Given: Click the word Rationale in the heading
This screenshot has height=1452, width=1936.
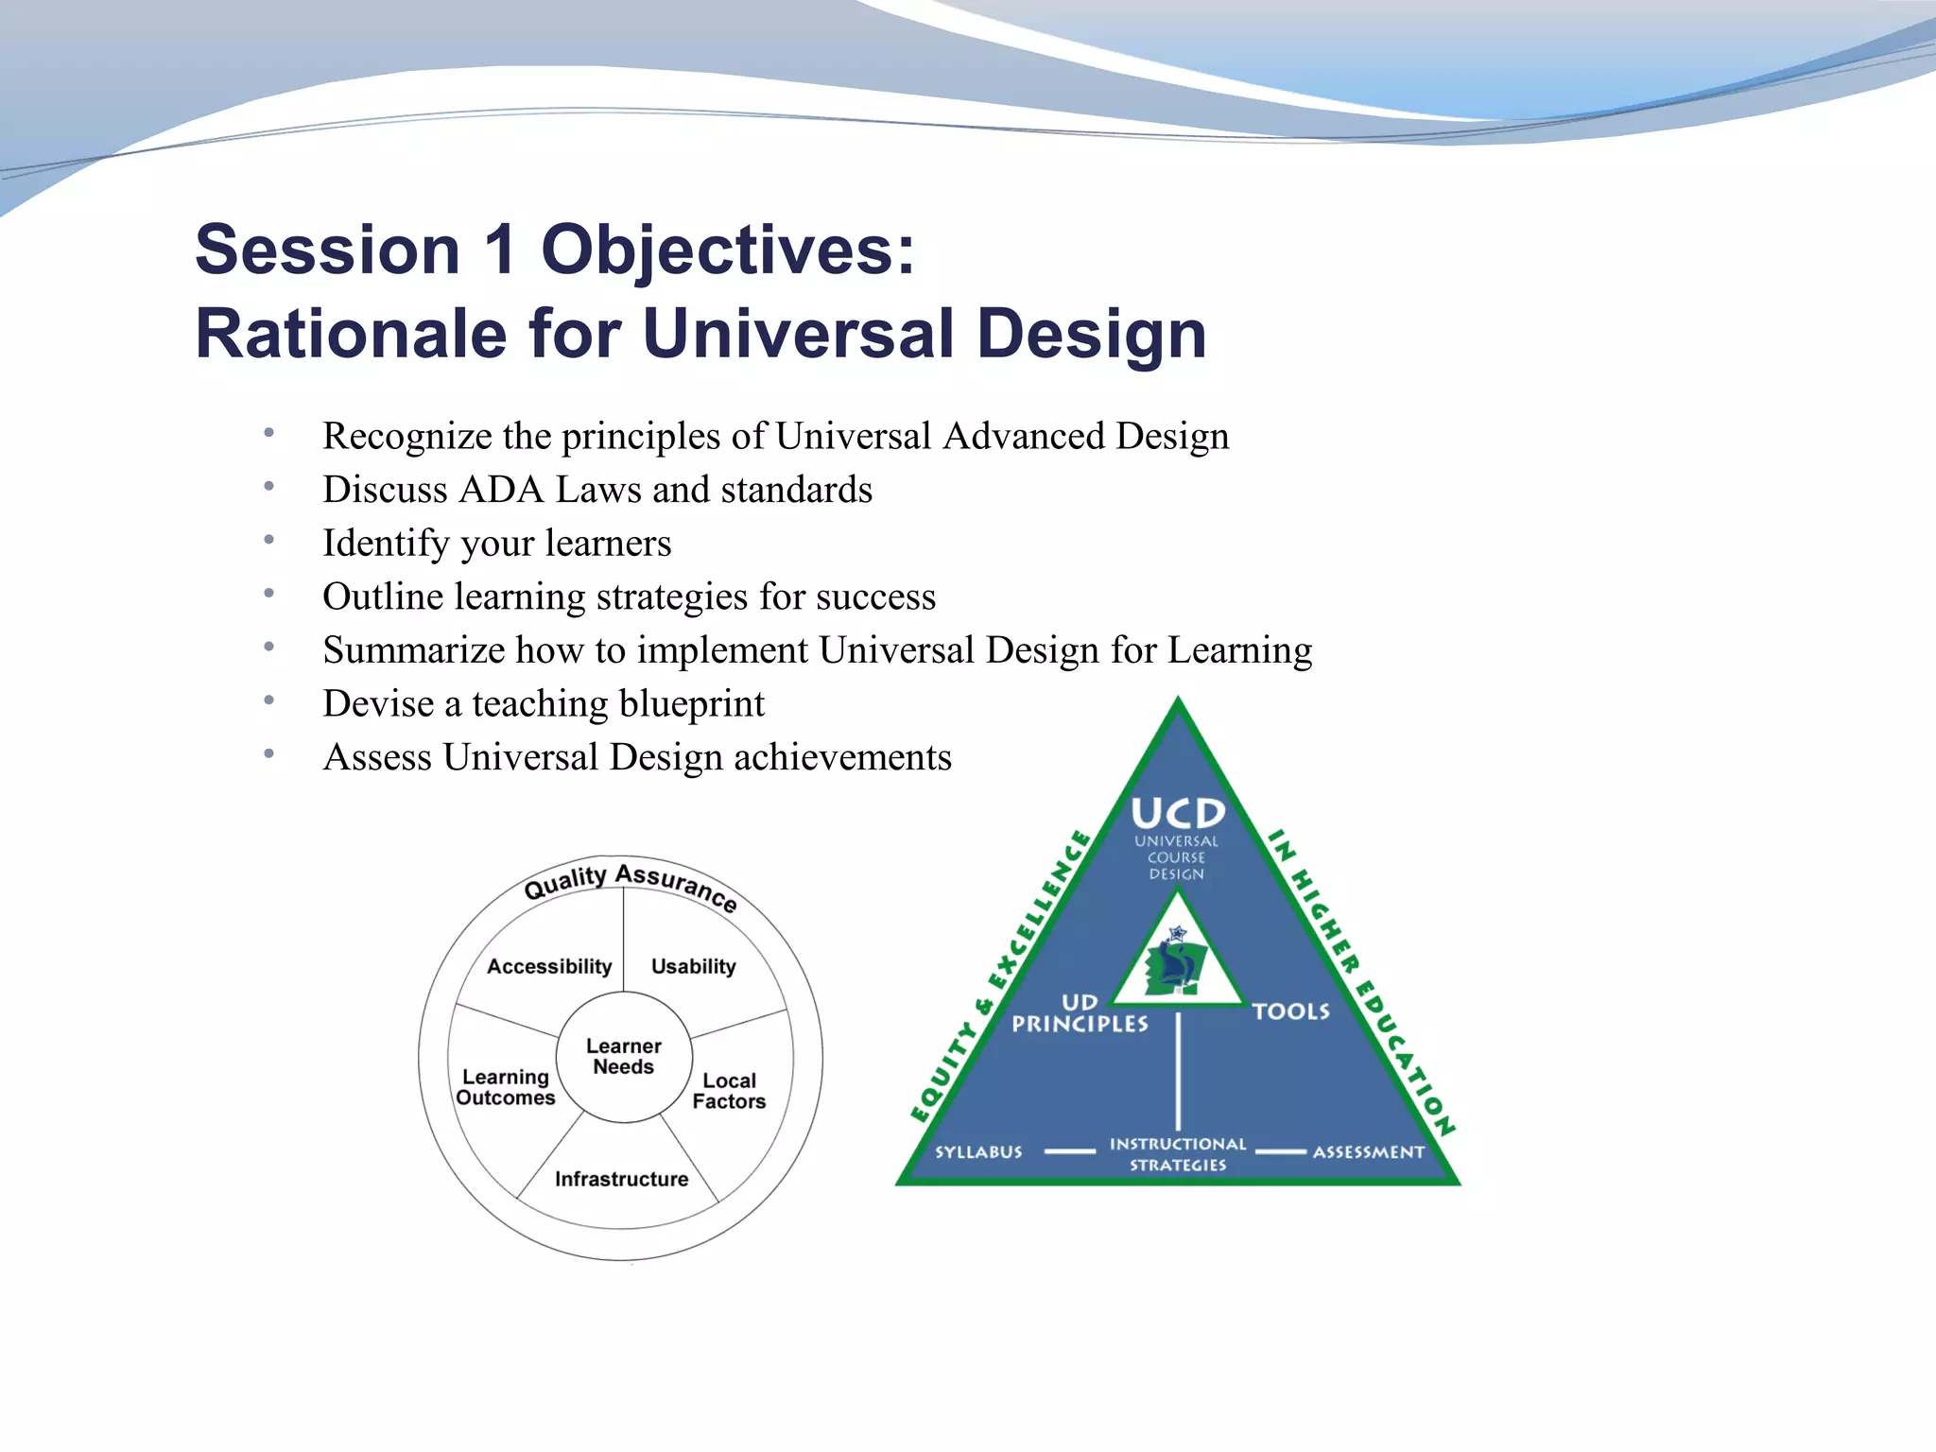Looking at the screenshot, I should point(351,334).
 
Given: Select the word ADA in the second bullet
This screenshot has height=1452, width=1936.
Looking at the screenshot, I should point(501,490).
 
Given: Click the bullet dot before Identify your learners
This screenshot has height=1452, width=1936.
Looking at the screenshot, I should point(269,541).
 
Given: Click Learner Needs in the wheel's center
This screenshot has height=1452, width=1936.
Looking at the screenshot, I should point(624,1057).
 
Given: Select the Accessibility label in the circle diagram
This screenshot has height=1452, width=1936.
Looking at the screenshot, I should point(549,966).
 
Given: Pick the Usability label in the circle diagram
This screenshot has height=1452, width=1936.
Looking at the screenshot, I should point(693,966).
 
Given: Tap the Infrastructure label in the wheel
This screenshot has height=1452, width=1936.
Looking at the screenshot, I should point(621,1179).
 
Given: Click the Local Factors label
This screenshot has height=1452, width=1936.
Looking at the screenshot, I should point(729,1091).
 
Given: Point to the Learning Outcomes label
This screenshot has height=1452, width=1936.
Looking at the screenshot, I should point(506,1087).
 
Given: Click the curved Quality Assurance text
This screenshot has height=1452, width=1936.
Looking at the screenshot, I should point(630,882).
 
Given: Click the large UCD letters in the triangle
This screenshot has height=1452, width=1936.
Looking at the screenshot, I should point(1178,814).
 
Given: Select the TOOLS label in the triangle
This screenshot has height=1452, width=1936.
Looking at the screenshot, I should point(1290,1011).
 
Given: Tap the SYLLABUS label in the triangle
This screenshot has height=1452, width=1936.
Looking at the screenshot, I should point(978,1152).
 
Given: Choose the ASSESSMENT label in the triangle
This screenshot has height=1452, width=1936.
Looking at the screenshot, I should point(1368,1152).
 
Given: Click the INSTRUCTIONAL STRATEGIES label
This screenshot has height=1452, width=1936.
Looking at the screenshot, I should point(1178,1154).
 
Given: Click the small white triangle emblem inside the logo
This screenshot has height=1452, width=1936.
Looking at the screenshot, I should point(1177,959).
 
